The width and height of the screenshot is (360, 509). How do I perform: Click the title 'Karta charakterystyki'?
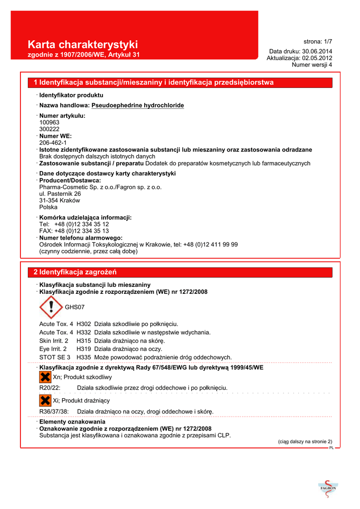pos(83,44)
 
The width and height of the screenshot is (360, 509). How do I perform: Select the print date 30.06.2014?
pos(317,51)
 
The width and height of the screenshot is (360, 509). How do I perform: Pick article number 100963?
pos(49,122)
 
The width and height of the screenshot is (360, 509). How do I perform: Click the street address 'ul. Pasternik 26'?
pos(60,194)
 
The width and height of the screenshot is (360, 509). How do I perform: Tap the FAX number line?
pos(74,231)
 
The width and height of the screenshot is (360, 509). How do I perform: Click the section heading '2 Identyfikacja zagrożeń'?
pos(75,272)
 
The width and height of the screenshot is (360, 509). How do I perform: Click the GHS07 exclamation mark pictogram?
pos(50,307)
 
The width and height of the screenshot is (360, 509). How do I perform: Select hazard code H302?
pos(84,324)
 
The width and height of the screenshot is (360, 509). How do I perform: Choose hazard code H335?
pos(84,357)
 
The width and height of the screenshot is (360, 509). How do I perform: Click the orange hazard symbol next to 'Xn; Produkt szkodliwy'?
pos(45,377)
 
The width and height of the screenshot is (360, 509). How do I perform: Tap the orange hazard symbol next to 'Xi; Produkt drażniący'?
pos(45,400)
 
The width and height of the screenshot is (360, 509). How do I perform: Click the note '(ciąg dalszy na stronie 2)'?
pos(304,441)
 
